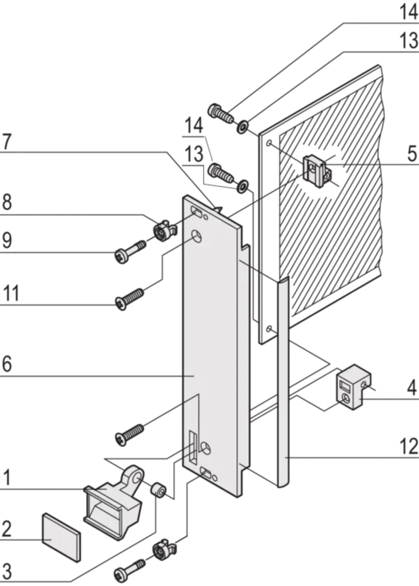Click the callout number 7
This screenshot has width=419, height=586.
tap(6, 142)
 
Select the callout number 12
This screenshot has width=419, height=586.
tap(409, 446)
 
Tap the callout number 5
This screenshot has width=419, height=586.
tap(412, 153)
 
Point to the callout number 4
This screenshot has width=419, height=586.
tap(412, 388)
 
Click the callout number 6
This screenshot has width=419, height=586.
tap(7, 363)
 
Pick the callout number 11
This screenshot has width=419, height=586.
tap(11, 294)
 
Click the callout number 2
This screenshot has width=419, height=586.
tap(6, 529)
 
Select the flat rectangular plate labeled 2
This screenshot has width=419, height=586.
tap(61, 537)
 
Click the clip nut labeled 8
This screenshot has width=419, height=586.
tap(165, 231)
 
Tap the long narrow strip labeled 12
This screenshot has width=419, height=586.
tap(283, 382)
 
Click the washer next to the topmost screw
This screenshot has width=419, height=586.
tap(243, 126)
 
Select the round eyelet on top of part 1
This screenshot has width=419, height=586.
tap(135, 474)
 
